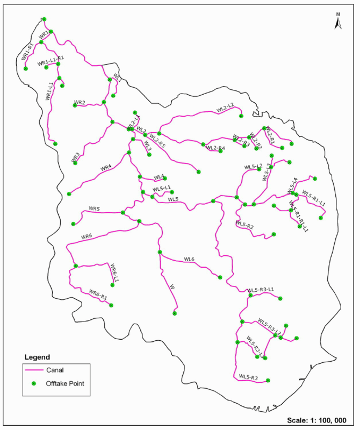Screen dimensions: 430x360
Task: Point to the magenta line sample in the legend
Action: point(32,369)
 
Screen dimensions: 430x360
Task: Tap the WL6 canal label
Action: point(189,260)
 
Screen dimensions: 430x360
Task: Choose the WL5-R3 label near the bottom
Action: point(249,376)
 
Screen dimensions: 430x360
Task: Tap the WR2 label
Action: point(80,102)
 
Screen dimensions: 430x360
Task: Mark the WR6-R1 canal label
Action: point(98,296)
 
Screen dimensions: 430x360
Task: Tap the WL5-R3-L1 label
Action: point(261,290)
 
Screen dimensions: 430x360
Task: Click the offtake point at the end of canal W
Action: point(175,313)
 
